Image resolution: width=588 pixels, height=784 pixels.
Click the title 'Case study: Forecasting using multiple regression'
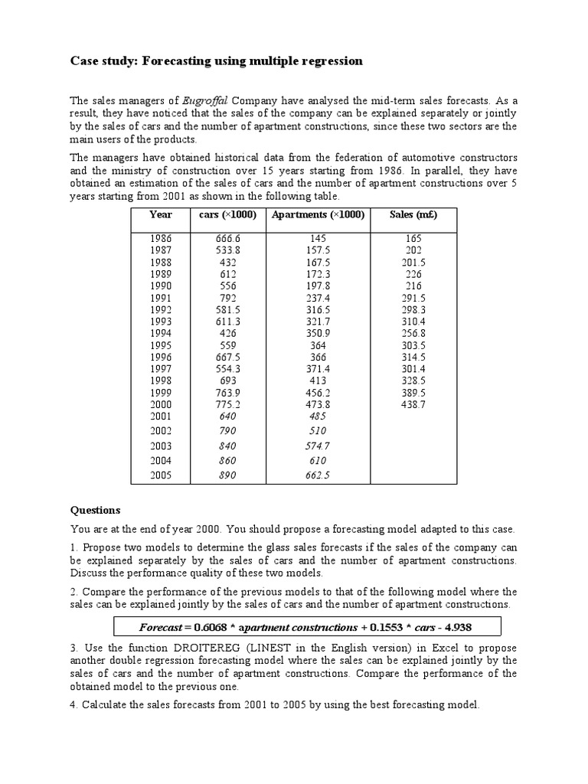217,61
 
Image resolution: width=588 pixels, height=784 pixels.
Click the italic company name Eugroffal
206,100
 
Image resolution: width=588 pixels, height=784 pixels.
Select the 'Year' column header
161,215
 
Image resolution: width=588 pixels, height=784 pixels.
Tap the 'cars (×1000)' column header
227,215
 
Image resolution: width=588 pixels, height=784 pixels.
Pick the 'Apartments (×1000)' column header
318,215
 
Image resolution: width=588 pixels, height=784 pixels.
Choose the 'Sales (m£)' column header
413,215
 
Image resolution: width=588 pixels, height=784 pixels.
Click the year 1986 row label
161,239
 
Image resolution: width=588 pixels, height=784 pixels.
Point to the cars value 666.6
227,239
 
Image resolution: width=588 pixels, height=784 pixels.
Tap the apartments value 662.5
318,475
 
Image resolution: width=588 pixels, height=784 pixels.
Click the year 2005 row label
161,475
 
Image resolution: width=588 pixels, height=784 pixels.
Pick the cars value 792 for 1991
227,298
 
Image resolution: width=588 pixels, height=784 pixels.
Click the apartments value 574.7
318,446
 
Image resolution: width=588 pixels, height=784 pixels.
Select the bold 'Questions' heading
96,510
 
